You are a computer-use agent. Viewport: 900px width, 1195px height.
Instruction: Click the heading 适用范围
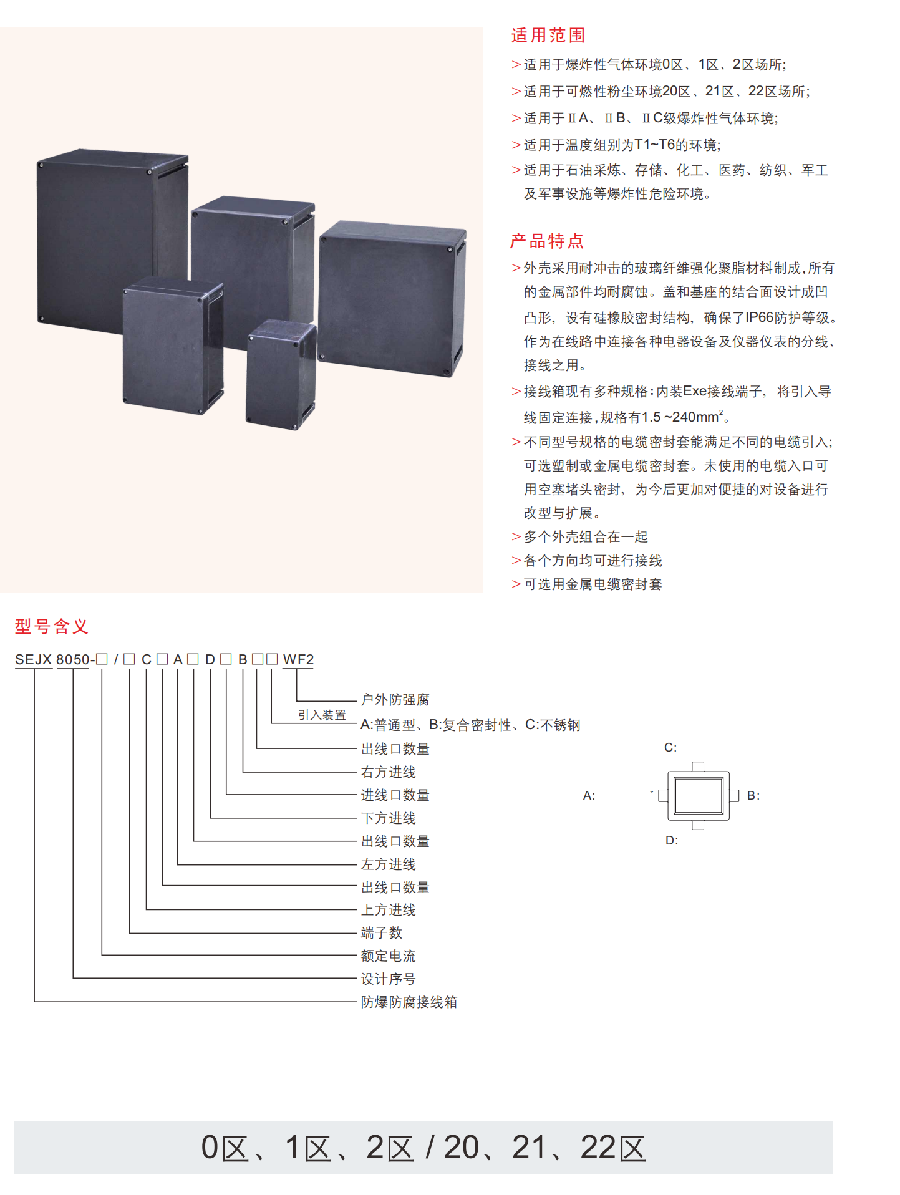(548, 36)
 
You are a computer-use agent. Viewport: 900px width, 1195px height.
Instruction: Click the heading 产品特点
(547, 241)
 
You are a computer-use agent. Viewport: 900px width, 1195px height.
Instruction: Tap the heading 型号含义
(52, 626)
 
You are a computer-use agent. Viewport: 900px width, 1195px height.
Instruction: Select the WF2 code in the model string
(298, 659)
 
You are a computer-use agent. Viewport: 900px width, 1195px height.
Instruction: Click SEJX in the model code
(34, 659)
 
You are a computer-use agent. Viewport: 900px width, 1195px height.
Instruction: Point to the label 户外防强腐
(395, 700)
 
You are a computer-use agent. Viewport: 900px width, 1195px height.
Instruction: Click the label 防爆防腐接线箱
(409, 1002)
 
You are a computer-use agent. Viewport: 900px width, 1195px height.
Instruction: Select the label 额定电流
(389, 956)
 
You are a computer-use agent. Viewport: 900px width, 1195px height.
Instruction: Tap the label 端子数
(382, 932)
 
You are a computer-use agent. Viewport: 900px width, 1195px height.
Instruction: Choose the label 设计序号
(389, 979)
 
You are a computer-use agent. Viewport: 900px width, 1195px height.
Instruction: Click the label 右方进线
(389, 772)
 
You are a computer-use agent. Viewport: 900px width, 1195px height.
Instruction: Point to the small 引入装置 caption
(322, 715)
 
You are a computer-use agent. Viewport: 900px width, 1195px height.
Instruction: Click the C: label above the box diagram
(670, 747)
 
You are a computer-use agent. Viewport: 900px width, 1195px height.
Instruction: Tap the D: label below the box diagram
(672, 840)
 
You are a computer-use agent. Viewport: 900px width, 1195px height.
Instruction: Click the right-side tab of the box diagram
(734, 795)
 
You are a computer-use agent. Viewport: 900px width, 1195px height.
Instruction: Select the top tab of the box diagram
(699, 767)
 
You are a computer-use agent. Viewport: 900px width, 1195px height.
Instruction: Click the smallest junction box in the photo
(281, 374)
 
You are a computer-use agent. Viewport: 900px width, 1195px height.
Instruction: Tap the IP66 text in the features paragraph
(759, 317)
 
